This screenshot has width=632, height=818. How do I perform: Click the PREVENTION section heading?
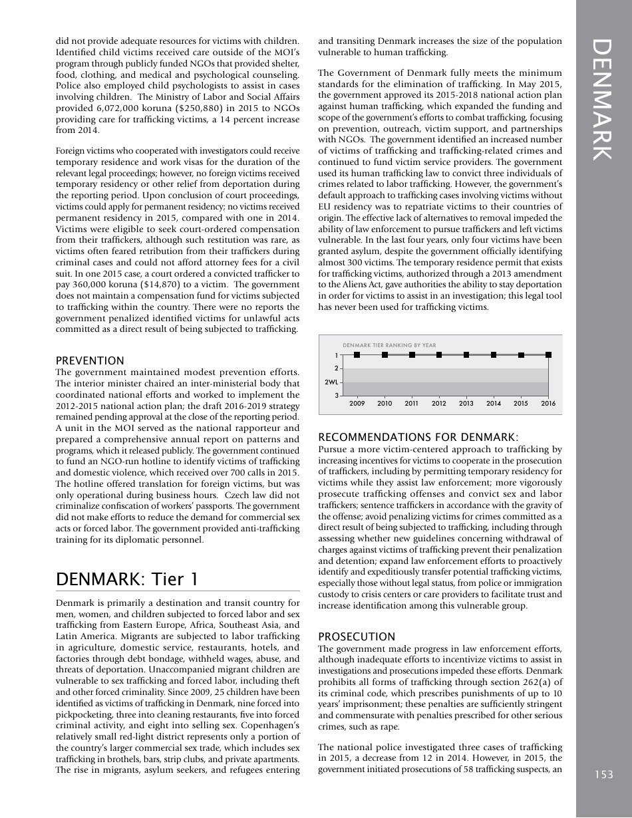(x=90, y=360)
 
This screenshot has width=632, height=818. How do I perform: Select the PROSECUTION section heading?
(x=357, y=636)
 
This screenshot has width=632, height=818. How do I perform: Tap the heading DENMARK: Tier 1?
(x=127, y=579)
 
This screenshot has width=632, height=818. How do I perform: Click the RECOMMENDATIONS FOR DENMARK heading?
(x=418, y=437)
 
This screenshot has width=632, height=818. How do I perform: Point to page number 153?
(x=604, y=774)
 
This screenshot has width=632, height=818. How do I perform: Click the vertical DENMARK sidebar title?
(x=603, y=100)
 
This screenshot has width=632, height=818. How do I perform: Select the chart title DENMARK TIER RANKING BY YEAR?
(x=389, y=345)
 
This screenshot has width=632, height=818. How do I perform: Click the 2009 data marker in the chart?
(x=357, y=355)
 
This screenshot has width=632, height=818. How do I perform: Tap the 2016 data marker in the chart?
(x=548, y=355)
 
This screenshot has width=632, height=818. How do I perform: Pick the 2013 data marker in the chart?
(x=466, y=355)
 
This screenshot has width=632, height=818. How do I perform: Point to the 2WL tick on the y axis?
(x=331, y=382)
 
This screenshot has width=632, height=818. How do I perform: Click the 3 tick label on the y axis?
(x=337, y=396)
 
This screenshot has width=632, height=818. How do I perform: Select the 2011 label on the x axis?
(x=412, y=403)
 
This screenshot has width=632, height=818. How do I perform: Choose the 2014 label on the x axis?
(x=494, y=403)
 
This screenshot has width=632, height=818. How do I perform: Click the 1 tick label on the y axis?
(x=337, y=355)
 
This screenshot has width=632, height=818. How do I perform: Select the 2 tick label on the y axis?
(x=337, y=368)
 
